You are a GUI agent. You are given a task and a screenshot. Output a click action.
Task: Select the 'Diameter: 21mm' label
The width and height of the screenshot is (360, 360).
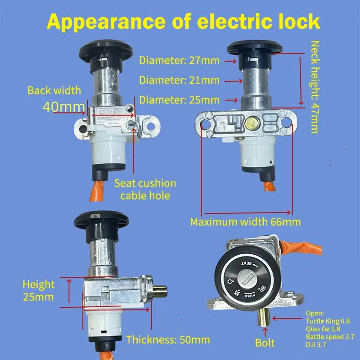click(x=180, y=81)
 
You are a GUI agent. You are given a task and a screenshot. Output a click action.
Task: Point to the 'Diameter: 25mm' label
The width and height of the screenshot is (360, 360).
click(x=180, y=99)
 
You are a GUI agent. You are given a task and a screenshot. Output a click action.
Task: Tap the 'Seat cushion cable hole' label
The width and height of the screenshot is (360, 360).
click(x=145, y=189)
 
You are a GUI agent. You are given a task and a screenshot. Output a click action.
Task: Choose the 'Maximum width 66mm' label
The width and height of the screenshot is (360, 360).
click(x=245, y=221)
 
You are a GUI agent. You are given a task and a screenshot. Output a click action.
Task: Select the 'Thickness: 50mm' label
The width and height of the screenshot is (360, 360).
click(x=168, y=339)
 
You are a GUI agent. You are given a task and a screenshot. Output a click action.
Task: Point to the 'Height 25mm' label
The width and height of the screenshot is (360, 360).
click(x=39, y=290)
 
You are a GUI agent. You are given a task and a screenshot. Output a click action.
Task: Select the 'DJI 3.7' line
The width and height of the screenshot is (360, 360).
click(x=316, y=344)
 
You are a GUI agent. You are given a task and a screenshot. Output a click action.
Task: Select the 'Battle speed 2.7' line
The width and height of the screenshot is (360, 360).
click(x=329, y=337)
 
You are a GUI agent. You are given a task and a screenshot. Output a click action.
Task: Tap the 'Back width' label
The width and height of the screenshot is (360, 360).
click(x=54, y=90)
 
